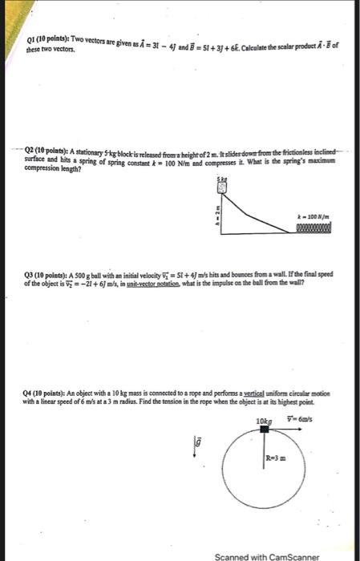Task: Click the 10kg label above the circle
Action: click(x=264, y=422)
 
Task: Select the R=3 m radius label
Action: click(x=277, y=458)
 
